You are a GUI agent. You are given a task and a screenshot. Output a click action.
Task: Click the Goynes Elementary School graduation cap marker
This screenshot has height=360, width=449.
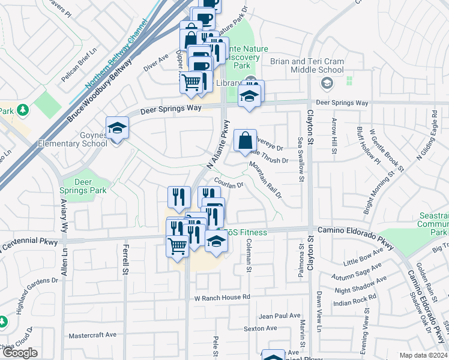(x=117, y=128)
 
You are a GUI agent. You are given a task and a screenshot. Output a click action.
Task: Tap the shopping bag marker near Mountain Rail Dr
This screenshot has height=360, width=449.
(x=245, y=142)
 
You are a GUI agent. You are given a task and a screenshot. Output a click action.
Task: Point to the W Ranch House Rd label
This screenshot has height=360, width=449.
(x=221, y=297)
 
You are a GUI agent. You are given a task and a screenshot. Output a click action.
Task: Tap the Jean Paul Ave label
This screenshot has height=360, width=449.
(x=279, y=316)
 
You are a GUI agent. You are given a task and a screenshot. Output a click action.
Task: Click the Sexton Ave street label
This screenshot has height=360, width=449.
(x=260, y=328)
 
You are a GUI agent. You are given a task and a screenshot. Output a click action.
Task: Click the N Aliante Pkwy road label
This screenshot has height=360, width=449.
(x=219, y=145)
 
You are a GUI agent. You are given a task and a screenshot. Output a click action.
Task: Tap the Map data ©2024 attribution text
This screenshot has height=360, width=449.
(x=424, y=355)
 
